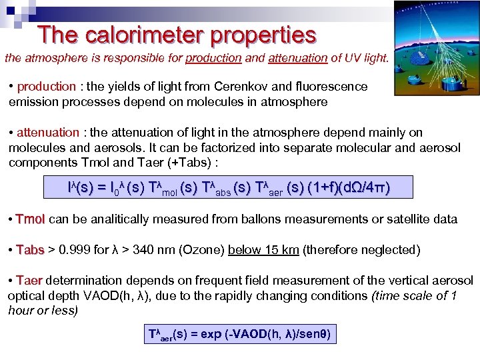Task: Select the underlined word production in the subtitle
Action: [x=213, y=58]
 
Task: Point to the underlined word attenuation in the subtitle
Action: [x=298, y=58]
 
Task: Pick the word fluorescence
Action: [x=329, y=87]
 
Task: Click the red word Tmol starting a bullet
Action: [x=31, y=219]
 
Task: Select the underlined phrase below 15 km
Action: [x=261, y=250]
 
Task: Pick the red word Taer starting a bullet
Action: [x=29, y=281]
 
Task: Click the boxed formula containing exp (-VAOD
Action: [x=239, y=333]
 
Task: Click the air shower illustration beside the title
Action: [x=435, y=47]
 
